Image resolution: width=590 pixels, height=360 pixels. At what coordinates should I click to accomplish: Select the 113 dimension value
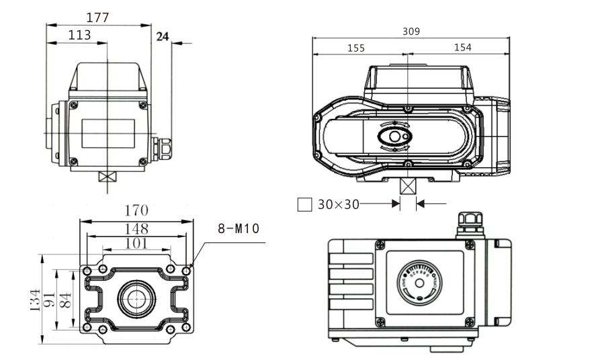[x=79, y=35]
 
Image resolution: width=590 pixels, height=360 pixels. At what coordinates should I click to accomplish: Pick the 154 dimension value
[x=462, y=48]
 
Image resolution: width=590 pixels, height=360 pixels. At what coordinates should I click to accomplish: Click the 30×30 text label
[x=338, y=204]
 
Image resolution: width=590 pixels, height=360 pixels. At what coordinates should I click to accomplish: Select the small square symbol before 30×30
[x=304, y=204]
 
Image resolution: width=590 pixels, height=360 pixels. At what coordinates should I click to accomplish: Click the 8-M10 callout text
[x=238, y=229]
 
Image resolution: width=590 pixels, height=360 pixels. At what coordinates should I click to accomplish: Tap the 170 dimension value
[x=135, y=211]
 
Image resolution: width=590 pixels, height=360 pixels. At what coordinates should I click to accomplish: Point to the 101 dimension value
[x=136, y=243]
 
